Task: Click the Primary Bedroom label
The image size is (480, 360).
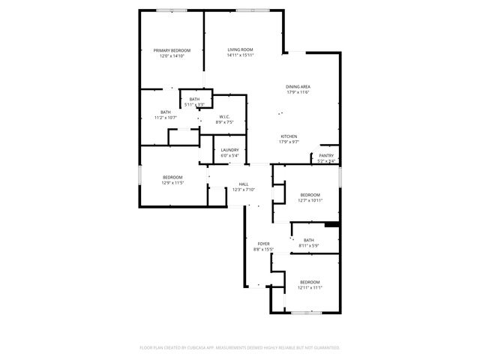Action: pos(169,51)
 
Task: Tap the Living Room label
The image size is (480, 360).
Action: pos(241,50)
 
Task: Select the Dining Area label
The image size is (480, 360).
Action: pos(298,87)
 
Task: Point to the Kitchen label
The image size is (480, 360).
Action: pos(289,136)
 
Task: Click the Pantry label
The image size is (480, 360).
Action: pos(326,156)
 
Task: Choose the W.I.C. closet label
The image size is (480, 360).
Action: pos(224,117)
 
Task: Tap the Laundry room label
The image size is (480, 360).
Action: pos(230,150)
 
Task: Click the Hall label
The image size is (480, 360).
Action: pos(244,184)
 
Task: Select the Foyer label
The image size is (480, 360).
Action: pos(264,244)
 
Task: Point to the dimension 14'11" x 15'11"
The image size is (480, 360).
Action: pos(241,55)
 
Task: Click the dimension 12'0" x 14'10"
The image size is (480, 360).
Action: pos(169,56)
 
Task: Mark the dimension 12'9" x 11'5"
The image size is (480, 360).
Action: pos(172,182)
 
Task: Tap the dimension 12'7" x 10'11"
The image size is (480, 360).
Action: pos(310,200)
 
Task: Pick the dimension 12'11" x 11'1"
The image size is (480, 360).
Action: pos(309,288)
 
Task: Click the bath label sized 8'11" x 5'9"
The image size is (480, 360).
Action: pos(309,240)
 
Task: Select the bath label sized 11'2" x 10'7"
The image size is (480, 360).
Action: pos(165,112)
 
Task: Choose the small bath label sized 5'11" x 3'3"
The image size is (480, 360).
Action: pos(194,100)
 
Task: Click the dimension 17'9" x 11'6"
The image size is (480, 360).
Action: pos(298,92)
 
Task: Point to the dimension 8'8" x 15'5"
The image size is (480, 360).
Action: pos(264,249)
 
